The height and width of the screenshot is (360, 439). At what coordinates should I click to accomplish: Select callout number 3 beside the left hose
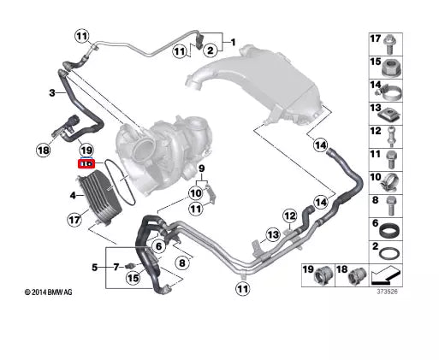pyautogui.click(x=51, y=93)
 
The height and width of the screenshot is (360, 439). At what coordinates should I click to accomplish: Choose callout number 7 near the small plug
pyautogui.click(x=116, y=267)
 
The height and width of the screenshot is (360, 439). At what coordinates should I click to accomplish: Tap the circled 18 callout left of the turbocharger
pyautogui.click(x=44, y=150)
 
